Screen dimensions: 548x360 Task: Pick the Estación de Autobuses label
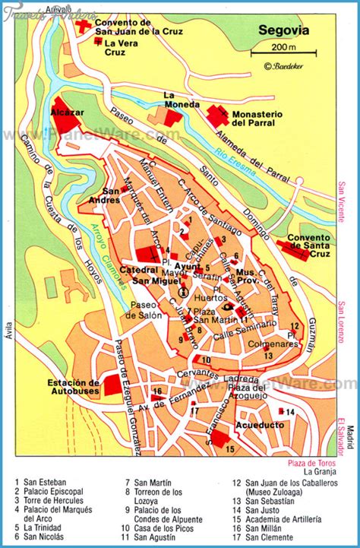point(73,388)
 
